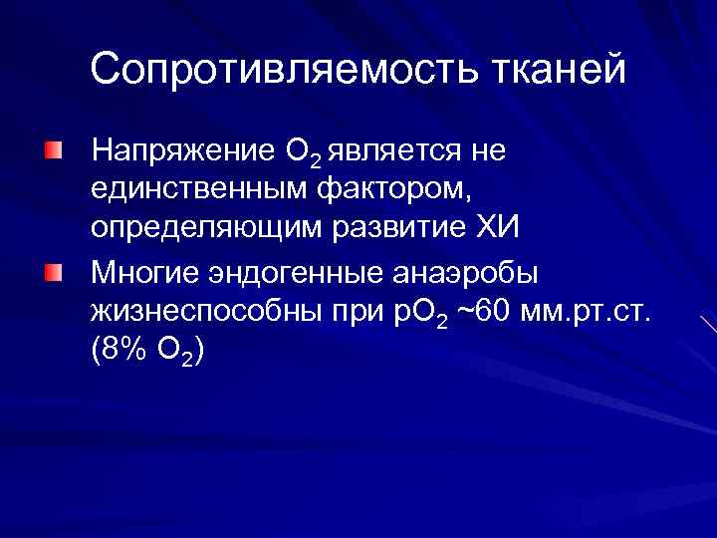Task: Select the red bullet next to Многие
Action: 52,272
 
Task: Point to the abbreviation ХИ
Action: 498,228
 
